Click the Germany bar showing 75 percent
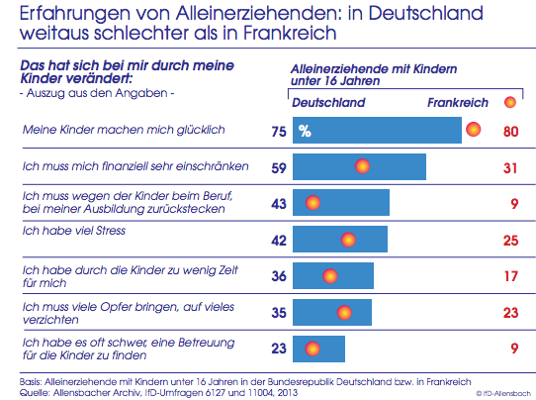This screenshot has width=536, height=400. pyautogui.click(x=377, y=130)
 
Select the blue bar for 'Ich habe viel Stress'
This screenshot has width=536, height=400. pyautogui.click(x=340, y=239)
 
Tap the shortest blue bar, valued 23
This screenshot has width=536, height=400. pyautogui.click(x=319, y=350)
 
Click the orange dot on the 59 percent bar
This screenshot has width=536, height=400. pyautogui.click(x=362, y=166)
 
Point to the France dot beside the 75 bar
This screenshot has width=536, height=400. pyautogui.click(x=474, y=130)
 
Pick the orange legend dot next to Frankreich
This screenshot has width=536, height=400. pyautogui.click(x=510, y=102)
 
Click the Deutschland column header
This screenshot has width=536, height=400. pyautogui.click(x=328, y=103)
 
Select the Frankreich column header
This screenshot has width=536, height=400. pyautogui.click(x=458, y=103)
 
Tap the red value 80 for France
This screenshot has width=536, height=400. pyautogui.click(x=510, y=132)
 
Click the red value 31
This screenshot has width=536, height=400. pyautogui.click(x=510, y=168)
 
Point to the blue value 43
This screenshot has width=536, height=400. pyautogui.click(x=279, y=204)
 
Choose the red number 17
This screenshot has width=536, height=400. pyautogui.click(x=511, y=276)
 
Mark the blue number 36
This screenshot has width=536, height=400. pyautogui.click(x=279, y=276)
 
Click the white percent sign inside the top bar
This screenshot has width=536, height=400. pyautogui.click(x=305, y=131)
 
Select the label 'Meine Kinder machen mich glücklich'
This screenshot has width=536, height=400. pyautogui.click(x=124, y=130)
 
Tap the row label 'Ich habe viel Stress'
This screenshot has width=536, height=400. pyautogui.click(x=74, y=231)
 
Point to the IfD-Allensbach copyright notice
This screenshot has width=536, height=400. pyautogui.click(x=502, y=393)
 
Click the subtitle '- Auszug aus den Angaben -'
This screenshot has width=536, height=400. pyautogui.click(x=97, y=93)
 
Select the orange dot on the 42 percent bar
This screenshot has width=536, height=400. pyautogui.click(x=348, y=240)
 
